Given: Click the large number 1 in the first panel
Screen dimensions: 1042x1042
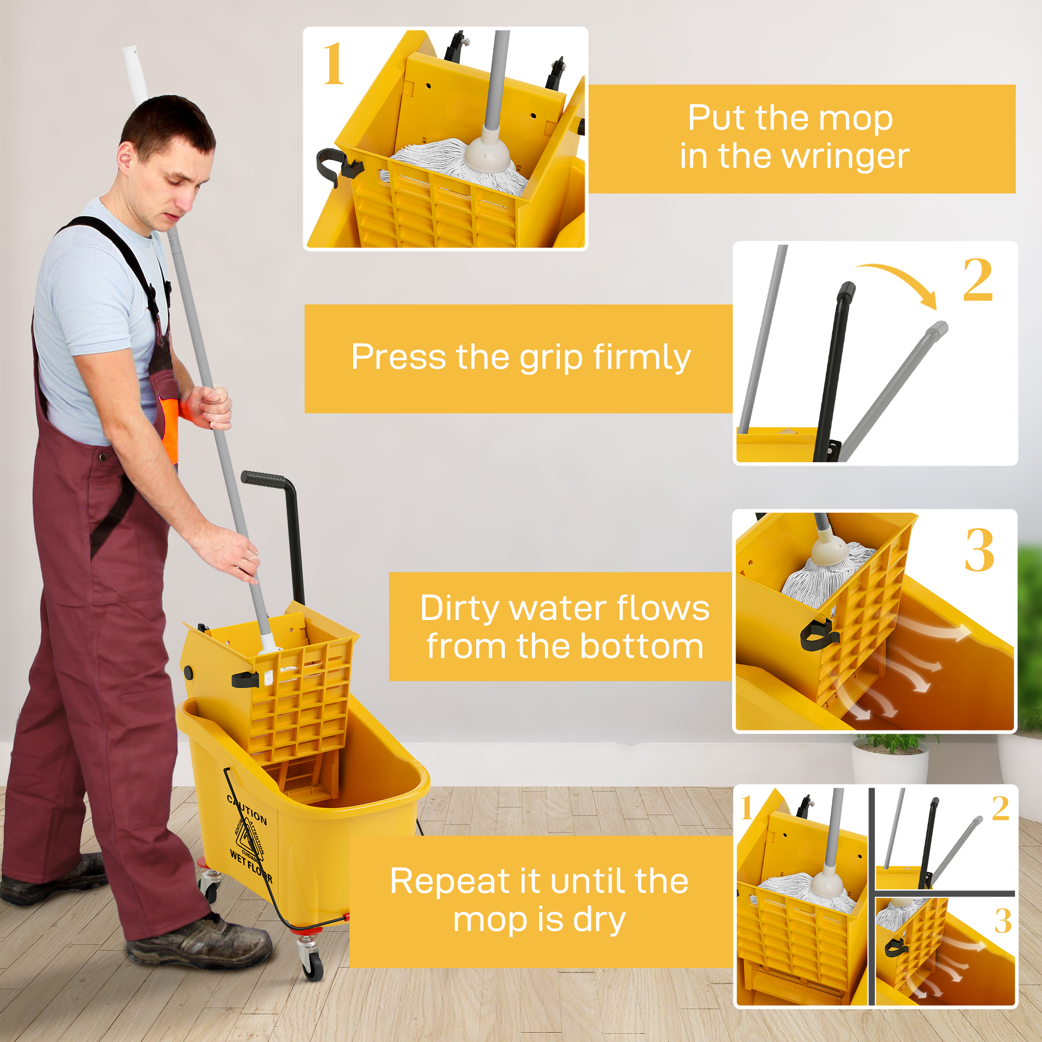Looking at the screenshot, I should pyautogui.click(x=333, y=65).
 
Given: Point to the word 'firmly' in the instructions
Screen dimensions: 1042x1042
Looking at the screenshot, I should pyautogui.click(x=641, y=357).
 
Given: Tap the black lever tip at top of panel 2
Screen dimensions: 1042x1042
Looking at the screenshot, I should pyautogui.click(x=846, y=290).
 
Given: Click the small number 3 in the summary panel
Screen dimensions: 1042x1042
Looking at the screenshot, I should pyautogui.click(x=1002, y=921).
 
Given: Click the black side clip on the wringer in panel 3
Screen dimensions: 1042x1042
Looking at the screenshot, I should pyautogui.click(x=817, y=634).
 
